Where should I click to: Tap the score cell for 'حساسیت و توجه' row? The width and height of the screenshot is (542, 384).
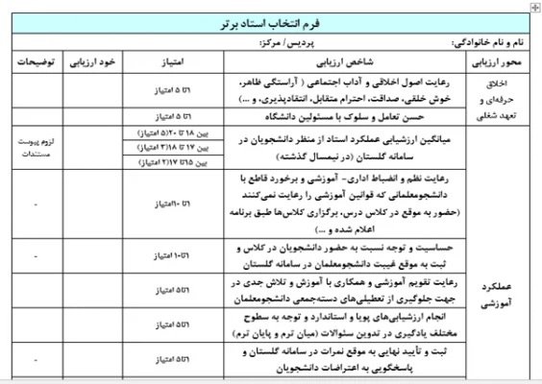point(176,253)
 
